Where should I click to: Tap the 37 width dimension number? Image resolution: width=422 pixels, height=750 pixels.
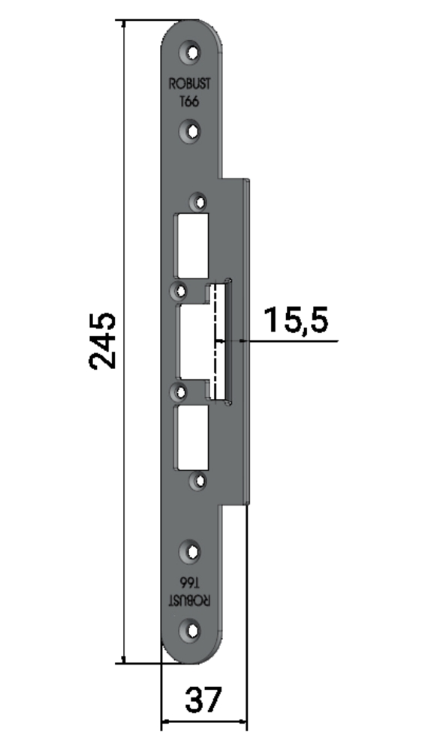(x=203, y=700)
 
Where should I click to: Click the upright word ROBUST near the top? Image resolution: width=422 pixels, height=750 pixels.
(x=191, y=87)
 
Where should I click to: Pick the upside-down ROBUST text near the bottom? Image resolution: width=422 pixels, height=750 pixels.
(x=191, y=600)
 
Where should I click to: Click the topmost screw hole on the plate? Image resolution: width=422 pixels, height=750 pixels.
(x=192, y=53)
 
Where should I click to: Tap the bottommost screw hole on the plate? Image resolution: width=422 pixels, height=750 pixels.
(x=192, y=631)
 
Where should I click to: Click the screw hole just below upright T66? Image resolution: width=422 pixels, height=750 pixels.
(x=192, y=132)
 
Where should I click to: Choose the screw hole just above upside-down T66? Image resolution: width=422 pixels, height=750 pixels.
(x=192, y=553)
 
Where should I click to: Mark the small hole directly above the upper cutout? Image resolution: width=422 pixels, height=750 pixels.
(x=199, y=202)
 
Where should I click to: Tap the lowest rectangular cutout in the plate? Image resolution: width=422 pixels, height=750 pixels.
(x=192, y=438)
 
